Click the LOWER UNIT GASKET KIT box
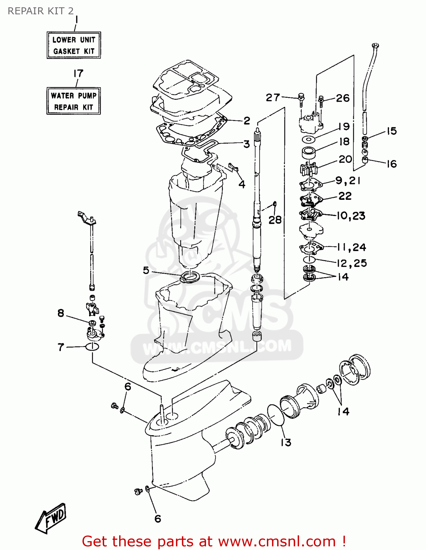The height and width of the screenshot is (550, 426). [x=74, y=45]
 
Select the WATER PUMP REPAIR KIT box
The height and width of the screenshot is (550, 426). [x=74, y=101]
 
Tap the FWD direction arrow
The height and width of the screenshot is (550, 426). [x=52, y=518]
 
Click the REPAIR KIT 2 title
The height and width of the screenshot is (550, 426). [x=41, y=11]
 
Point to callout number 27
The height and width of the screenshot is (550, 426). [x=273, y=98]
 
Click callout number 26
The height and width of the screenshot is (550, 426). [x=343, y=98]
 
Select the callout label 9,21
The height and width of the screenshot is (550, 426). [x=348, y=180]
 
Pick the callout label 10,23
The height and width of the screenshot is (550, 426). [x=351, y=216]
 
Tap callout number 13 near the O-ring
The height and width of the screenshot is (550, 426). [x=286, y=443]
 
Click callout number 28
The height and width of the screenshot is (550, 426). [x=275, y=220]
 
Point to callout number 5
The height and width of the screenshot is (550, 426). [x=146, y=270]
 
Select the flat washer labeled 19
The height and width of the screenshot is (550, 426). [x=309, y=139]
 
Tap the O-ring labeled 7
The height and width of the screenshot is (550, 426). [x=92, y=346]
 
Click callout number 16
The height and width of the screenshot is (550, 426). [x=392, y=164]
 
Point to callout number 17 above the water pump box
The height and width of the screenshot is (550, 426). [x=78, y=74]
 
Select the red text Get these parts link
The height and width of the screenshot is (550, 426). [x=214, y=541]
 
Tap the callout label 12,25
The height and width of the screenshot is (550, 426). [x=352, y=263]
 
